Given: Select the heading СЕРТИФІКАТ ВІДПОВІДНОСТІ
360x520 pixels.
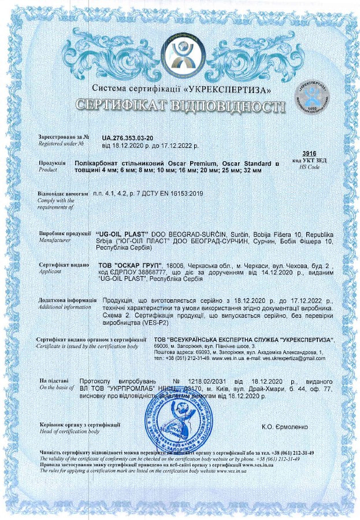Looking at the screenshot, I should [x=180, y=106].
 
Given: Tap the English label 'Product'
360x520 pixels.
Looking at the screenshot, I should [x=48, y=171].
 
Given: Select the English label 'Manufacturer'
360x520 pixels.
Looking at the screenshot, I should [x=55, y=238].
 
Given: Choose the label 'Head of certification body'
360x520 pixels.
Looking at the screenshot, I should [x=69, y=432].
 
